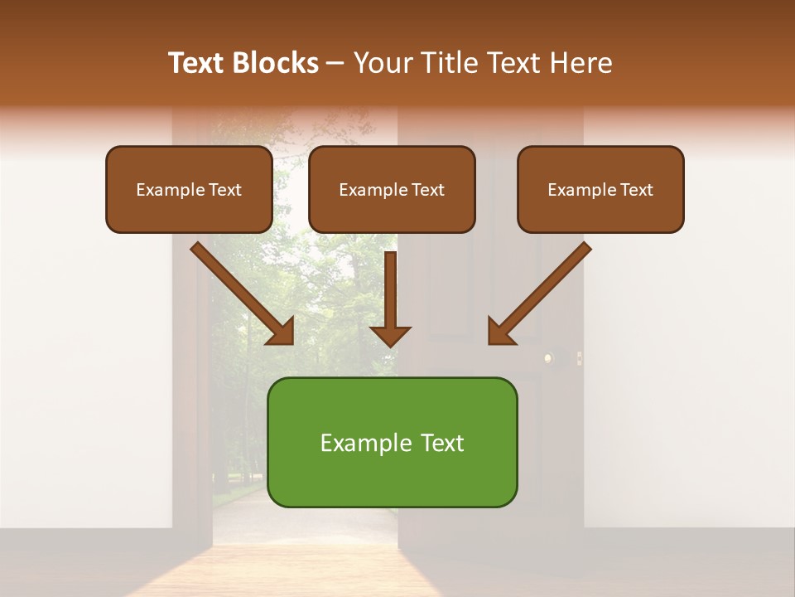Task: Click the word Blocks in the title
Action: (275, 63)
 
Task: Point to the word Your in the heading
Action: (381, 63)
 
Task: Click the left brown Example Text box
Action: (189, 189)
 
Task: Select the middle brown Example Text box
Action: (392, 189)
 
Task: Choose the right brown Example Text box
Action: (600, 189)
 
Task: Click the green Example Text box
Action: (392, 442)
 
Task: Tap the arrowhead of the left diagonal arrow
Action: (281, 331)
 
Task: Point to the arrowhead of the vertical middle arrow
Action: (390, 335)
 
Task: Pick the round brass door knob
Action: (547, 358)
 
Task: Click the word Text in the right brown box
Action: (636, 190)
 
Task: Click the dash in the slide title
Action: (336, 64)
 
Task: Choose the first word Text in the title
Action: (199, 63)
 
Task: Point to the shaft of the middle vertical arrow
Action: (390, 286)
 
